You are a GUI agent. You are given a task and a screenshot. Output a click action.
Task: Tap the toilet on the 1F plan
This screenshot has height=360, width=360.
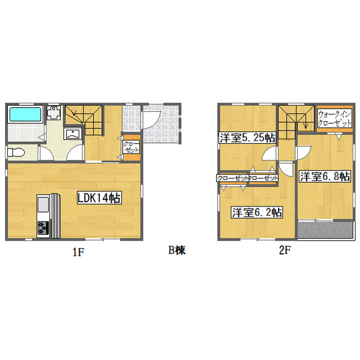point(16,152)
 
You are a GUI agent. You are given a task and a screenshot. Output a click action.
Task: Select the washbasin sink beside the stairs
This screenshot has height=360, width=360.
point(73,134)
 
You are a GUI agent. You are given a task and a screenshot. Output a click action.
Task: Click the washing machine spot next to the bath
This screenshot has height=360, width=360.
point(54,112)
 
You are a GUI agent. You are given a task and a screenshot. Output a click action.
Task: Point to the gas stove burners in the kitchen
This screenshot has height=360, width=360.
point(43,227)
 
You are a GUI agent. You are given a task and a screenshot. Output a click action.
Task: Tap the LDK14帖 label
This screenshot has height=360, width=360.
point(99,198)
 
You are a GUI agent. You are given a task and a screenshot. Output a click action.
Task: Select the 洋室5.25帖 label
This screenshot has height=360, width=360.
point(247,138)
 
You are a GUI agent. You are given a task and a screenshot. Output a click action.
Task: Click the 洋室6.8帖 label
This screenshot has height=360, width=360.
point(325,176)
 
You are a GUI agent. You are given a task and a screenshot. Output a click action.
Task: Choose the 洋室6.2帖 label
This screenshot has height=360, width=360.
point(257,213)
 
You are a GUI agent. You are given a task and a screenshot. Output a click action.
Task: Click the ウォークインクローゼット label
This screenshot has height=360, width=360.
point(335,119)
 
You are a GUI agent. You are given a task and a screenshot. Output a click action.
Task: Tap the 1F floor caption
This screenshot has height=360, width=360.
point(79,253)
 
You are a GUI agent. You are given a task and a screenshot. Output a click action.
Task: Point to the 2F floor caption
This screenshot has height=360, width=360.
point(285,250)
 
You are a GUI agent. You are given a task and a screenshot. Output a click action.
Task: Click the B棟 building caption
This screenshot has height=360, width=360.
point(177,250)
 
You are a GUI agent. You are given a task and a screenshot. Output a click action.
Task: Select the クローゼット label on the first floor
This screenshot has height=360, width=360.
point(131,147)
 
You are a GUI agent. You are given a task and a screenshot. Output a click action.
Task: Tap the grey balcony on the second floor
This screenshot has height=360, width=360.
point(325,229)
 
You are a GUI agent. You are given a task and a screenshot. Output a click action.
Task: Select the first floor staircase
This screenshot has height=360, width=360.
point(84,120)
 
